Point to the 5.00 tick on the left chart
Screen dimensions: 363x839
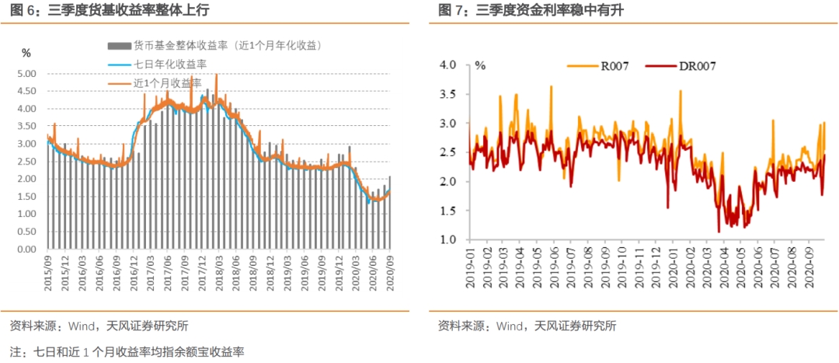(x=26, y=74)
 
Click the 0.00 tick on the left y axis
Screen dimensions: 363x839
(x=26, y=250)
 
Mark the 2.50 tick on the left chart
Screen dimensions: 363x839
(x=26, y=162)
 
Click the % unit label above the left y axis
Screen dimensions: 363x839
(x=26, y=53)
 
